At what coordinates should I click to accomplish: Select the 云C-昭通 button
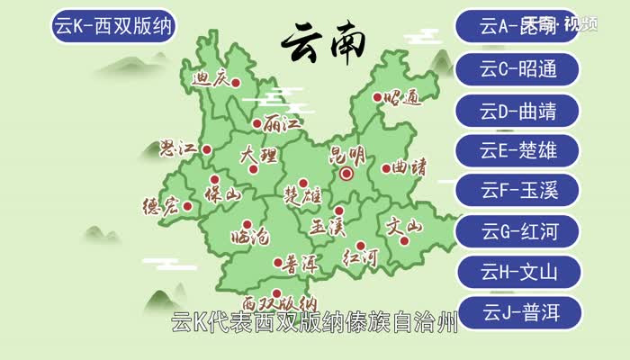pos(518,68)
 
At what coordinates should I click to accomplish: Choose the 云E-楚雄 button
pos(518,150)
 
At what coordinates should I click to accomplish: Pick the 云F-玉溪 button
pos(518,191)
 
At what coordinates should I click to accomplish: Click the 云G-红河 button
pos(518,231)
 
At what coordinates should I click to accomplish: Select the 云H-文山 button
pos(518,272)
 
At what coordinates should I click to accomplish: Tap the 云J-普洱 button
pos(518,312)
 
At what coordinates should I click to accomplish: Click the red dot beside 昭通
pos(375,96)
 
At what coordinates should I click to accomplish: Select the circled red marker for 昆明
pos(346,175)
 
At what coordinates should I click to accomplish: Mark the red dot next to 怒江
pos(207,150)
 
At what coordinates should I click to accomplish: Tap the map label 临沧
pos(249,238)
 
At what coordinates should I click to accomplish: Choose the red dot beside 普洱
pos(277,263)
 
